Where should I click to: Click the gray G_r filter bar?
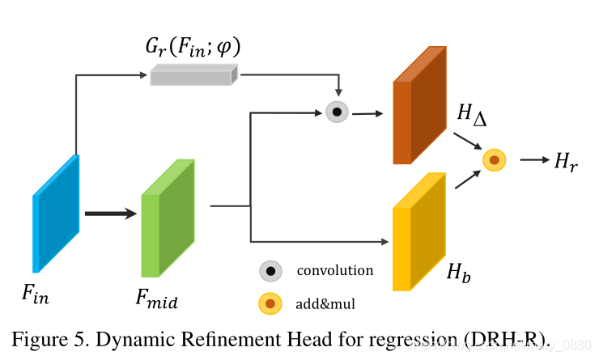193,75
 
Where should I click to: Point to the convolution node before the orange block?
337,112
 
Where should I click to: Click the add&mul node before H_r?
494,160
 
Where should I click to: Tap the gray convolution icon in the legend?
270,271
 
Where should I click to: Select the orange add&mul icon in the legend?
270,304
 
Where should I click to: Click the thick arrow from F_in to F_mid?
111,214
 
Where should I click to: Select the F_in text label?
35,294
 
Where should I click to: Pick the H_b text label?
459,273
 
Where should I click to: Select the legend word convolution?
335,270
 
